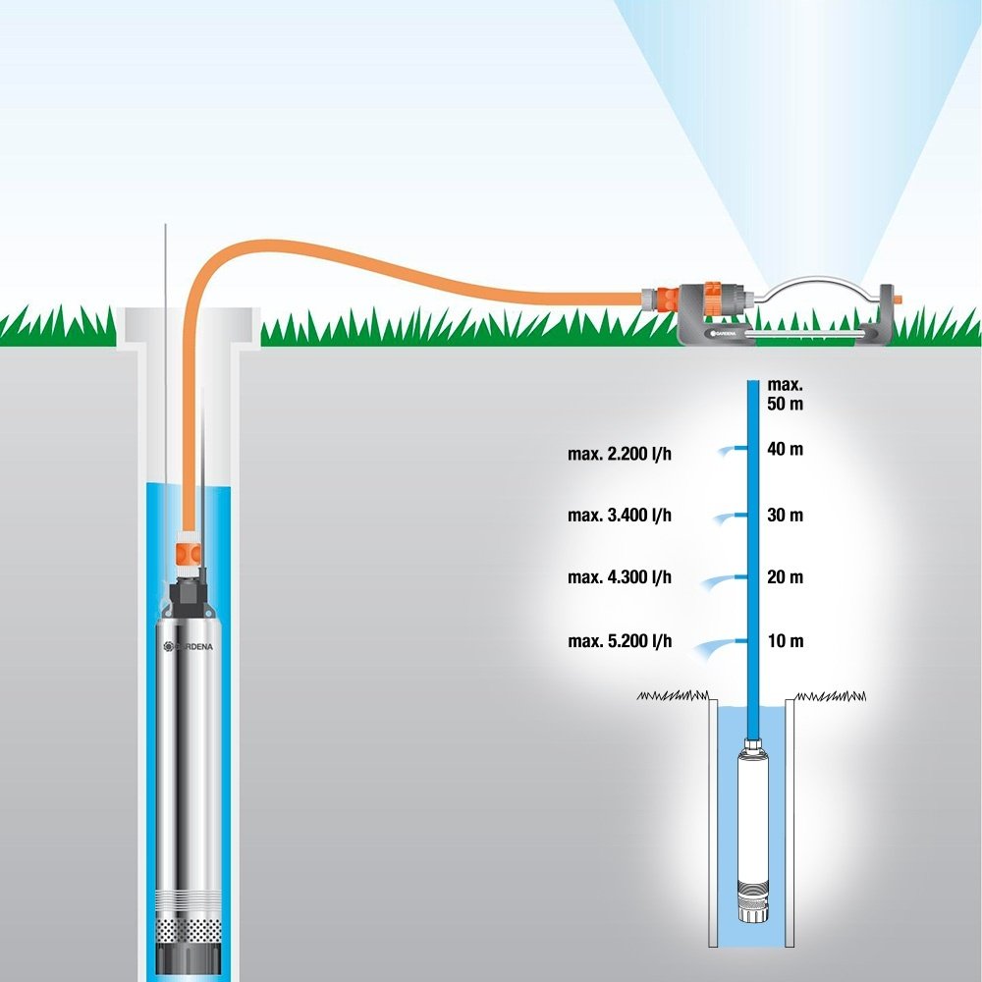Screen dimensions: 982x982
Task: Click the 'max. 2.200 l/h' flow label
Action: (x=620, y=454)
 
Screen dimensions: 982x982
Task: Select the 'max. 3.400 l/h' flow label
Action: (x=620, y=515)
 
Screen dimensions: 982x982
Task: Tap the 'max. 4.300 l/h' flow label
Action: (x=620, y=576)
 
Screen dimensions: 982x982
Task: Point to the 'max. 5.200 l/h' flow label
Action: (x=620, y=641)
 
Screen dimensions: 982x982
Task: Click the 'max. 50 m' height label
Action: (x=785, y=394)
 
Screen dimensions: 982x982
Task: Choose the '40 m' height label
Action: (x=785, y=449)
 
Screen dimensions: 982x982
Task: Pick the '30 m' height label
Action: (x=785, y=515)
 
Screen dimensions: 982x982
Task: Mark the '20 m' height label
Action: (x=785, y=576)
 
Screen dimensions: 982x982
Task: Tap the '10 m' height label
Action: (x=786, y=640)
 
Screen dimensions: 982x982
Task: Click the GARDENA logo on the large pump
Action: (x=188, y=646)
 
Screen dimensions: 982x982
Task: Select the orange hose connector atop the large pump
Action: (x=188, y=555)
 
